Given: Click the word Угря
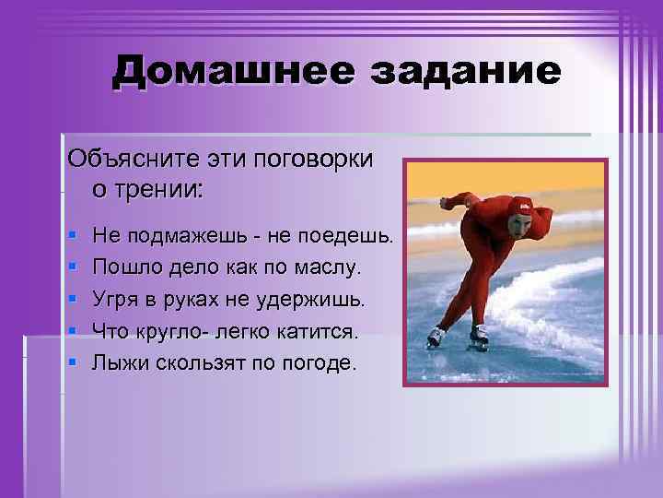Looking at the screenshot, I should pos(115,300).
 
